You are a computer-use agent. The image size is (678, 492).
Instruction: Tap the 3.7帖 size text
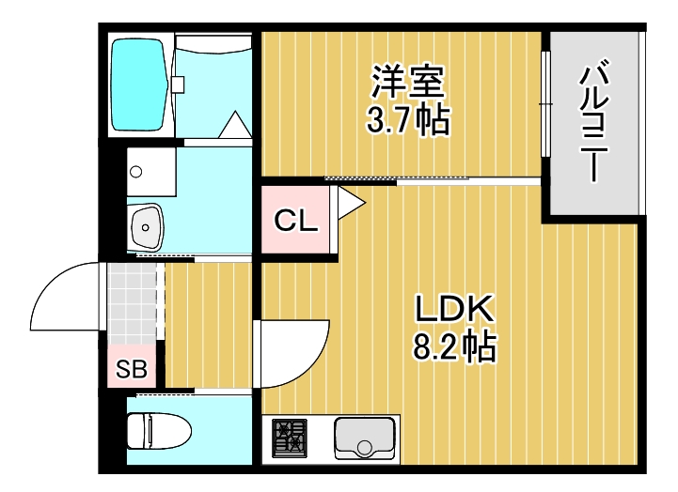(407, 119)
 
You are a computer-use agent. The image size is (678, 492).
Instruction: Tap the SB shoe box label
(131, 370)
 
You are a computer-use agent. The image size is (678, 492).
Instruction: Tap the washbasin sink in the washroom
(146, 224)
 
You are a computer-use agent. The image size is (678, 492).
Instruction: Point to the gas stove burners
(289, 438)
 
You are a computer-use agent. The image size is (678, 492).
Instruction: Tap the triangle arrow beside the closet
(350, 201)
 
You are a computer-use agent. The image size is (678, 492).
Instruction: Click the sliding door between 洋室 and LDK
(395, 178)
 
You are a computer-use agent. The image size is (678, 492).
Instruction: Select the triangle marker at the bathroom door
(234, 126)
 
